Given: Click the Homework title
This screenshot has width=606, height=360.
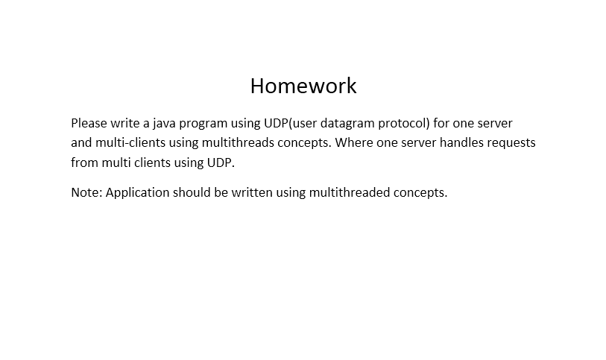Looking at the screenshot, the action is click(303, 86).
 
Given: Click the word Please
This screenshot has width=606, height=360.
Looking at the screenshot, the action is click(89, 123).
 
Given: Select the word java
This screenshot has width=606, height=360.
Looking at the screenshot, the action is click(164, 124).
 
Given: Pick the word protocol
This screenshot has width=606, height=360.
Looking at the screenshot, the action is click(404, 124).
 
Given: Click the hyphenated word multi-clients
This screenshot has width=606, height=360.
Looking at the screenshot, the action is click(130, 142).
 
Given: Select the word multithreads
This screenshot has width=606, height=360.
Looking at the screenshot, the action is click(238, 142).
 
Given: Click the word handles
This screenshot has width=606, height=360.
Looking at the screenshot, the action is click(461, 142).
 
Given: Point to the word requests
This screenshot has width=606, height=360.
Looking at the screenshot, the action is click(511, 143).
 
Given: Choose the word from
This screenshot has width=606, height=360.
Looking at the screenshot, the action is click(85, 162).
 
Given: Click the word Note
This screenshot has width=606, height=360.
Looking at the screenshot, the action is click(86, 192).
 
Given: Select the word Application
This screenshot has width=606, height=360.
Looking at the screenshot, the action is click(137, 193).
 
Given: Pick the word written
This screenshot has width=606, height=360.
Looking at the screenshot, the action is click(252, 192).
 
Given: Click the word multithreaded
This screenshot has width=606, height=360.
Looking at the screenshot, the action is click(350, 192).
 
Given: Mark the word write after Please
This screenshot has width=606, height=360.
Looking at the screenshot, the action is click(124, 123).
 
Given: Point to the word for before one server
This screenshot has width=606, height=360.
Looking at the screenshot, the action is click(441, 123).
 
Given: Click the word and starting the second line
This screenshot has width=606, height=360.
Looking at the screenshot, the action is click(81, 142).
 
